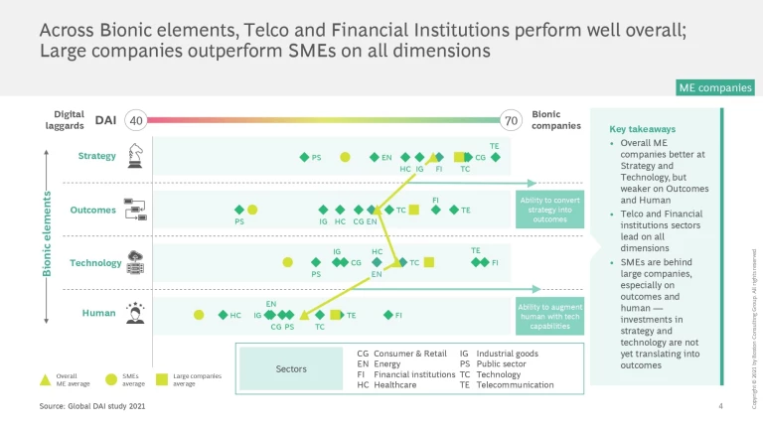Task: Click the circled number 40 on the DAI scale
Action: point(137,120)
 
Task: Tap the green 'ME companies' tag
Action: point(714,88)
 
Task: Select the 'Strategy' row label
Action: point(97,156)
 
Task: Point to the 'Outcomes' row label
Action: point(93,210)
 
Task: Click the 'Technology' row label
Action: point(95,263)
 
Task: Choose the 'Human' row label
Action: point(99,313)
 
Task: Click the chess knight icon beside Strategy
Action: point(134,155)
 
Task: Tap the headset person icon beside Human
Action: point(134,313)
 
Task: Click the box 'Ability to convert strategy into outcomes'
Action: point(549,211)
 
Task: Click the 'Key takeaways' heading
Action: point(642,129)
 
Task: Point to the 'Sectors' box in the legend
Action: point(292,368)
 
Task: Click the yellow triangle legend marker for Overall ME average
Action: point(45,377)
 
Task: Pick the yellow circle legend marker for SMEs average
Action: point(110,377)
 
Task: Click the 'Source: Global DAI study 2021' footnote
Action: point(97,407)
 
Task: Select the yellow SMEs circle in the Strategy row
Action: point(345,157)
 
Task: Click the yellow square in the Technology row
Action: point(429,262)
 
